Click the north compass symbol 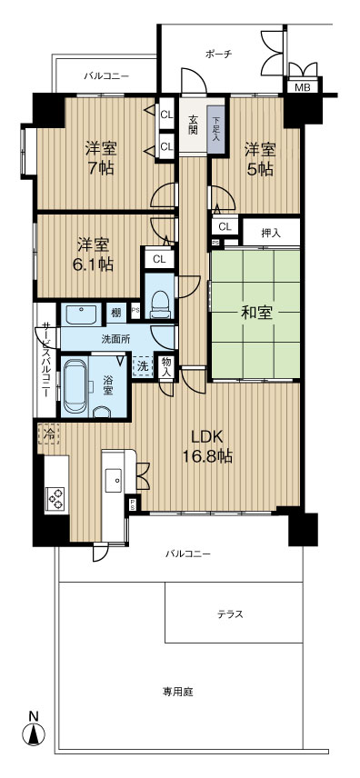(x=34, y=733)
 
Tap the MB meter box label (x=302, y=88)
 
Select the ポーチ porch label (x=218, y=54)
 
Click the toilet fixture (x=160, y=304)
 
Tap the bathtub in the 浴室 (x=75, y=385)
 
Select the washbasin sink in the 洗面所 (x=83, y=314)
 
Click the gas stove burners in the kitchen (x=55, y=498)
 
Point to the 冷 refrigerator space (x=47, y=434)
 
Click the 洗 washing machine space (x=143, y=366)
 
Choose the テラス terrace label (x=230, y=614)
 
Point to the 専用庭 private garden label (x=177, y=691)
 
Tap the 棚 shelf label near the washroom (x=115, y=313)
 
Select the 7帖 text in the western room (x=100, y=168)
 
